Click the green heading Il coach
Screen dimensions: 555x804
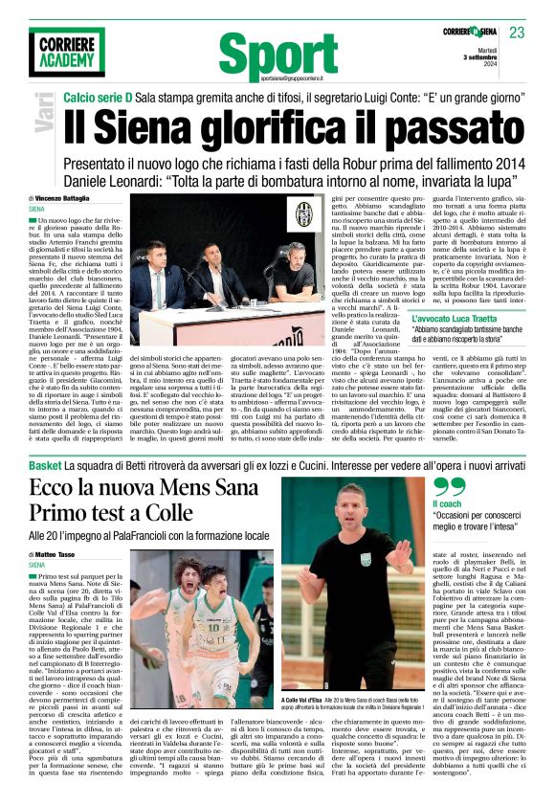click(446, 503)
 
